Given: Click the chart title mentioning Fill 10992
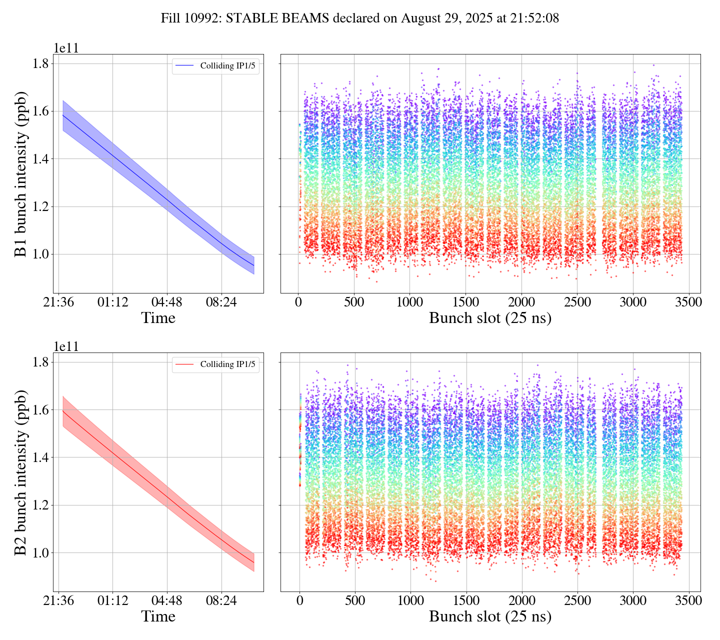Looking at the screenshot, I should tap(359, 18).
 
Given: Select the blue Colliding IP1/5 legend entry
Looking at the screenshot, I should tap(215, 66).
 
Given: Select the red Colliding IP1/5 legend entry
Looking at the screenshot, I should tap(215, 364).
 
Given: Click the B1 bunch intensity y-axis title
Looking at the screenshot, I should tap(21, 174).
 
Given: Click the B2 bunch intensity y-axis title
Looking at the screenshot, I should tap(21, 472).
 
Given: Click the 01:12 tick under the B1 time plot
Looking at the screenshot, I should tap(112, 302).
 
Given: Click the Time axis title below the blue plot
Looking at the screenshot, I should tap(158, 318).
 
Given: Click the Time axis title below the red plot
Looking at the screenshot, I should tap(158, 617).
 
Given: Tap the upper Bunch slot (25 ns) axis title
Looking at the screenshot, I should tap(490, 318).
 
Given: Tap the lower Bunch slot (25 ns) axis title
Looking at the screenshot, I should tap(490, 617).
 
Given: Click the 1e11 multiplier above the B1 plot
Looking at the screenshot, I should tap(66, 48).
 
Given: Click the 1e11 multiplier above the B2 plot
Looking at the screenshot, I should tap(66, 347).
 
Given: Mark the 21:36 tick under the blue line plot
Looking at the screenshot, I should tap(58, 302).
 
